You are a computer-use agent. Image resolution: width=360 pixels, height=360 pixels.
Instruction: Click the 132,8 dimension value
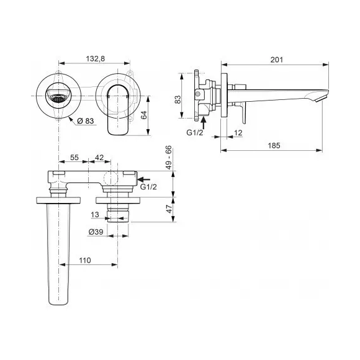point(96,59)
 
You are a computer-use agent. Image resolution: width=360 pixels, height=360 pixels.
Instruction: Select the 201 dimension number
point(277,60)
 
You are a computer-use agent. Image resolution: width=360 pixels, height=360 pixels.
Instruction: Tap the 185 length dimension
point(274,146)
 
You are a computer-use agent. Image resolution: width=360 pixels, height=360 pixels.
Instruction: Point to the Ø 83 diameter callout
point(86,121)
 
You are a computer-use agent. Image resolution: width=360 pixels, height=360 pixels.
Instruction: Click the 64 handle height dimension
point(144,115)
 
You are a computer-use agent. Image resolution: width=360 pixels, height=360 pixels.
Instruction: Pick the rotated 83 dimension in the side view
point(178,99)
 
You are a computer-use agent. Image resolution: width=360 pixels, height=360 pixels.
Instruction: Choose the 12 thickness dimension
point(238,133)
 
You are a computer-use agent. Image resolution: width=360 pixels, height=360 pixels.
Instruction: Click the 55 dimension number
point(74,158)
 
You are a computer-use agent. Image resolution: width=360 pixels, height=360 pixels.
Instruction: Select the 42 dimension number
point(99,158)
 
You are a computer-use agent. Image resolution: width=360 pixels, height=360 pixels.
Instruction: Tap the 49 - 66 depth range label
point(169,158)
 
